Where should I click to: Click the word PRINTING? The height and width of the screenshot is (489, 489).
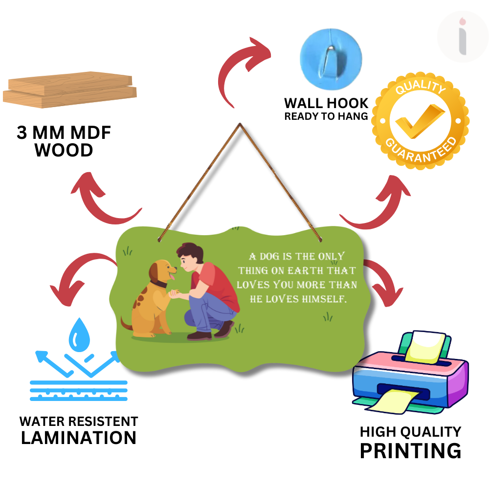tap(410, 450)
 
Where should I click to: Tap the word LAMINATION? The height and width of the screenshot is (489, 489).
tap(78, 438)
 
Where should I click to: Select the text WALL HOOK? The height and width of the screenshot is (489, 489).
tap(326, 103)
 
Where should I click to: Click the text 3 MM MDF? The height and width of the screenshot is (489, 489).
tap(64, 133)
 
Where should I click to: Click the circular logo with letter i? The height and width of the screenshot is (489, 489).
tap(462, 37)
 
